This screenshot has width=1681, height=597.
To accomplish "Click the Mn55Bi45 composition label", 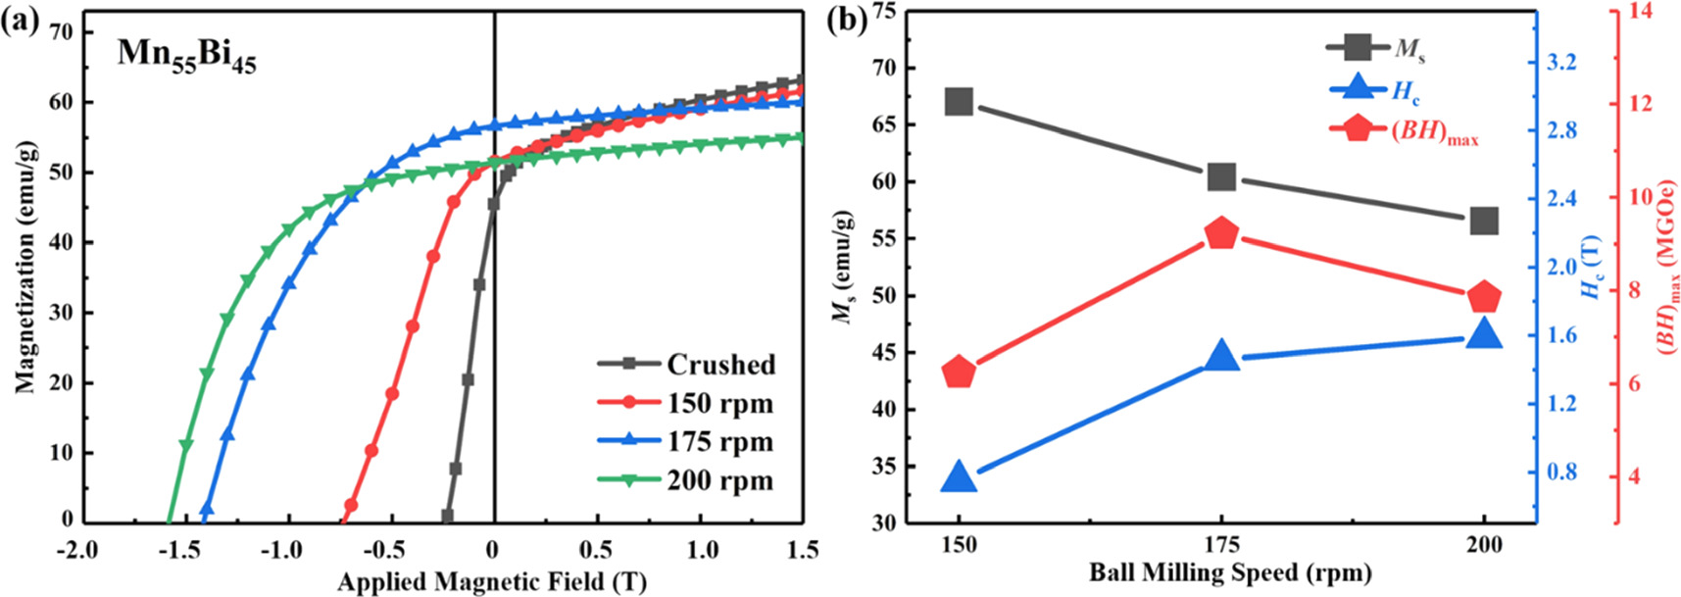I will [x=186, y=53].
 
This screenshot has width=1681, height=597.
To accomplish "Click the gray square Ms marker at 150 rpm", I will [x=959, y=102].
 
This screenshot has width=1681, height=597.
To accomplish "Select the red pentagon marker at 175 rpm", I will [x=1221, y=233].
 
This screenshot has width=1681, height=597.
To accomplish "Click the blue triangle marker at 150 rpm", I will [x=959, y=478].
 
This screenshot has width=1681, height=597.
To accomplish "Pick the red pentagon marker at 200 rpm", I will [x=1484, y=297].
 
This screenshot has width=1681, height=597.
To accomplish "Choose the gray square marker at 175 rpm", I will [x=1221, y=176].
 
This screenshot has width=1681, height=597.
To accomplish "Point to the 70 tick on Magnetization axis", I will [x=60, y=31].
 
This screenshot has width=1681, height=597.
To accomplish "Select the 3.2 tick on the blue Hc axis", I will [x=1560, y=63].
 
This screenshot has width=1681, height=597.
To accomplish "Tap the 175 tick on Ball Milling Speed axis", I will [x=1221, y=545].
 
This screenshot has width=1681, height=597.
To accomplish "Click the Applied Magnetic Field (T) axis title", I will [x=492, y=582].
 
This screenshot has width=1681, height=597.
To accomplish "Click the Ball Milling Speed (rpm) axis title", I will [x=1230, y=572].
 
